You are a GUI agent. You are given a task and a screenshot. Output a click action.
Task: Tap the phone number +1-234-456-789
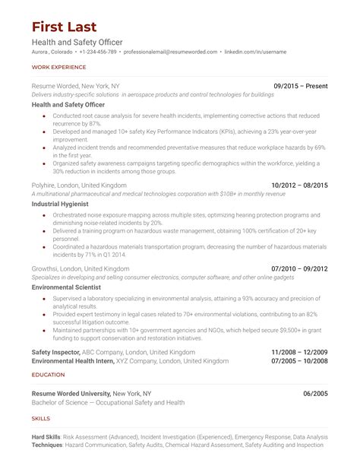pyautogui.click(x=96, y=52)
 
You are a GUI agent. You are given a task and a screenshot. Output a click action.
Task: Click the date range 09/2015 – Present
pyautogui.click(x=300, y=87)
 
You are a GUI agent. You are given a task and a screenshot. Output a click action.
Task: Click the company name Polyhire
pyautogui.click(x=46, y=185)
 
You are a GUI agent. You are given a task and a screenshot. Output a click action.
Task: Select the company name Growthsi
pyautogui.click(x=48, y=269)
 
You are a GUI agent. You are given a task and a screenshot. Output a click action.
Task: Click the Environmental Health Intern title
pyautogui.click(x=75, y=362)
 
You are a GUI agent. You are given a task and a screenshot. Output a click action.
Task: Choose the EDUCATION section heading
pyautogui.click(x=48, y=375)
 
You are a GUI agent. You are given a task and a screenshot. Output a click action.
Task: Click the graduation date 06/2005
pyautogui.click(x=315, y=393)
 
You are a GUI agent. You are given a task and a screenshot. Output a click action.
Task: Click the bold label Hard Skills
pyautogui.click(x=48, y=437)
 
